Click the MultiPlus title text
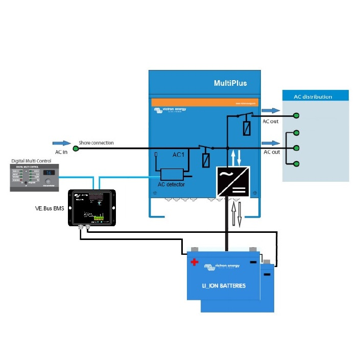point(230,83)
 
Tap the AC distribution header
point(313,97)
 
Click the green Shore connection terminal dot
point(76,149)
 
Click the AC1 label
point(179,155)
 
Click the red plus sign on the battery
point(194,262)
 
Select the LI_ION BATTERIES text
point(223,285)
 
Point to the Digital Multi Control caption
point(31,161)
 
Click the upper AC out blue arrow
point(271,110)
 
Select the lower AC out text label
point(272,152)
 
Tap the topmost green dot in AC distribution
point(296,116)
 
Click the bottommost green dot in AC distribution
point(296,164)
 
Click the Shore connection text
point(96,143)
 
